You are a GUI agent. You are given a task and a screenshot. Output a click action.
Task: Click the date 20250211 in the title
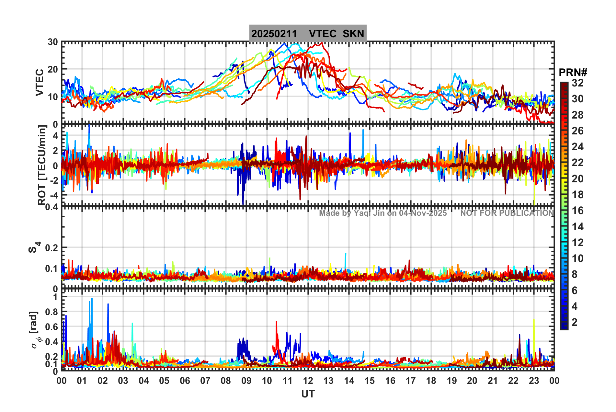coord(274,34)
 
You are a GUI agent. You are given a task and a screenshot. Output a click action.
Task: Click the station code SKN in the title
coord(353,34)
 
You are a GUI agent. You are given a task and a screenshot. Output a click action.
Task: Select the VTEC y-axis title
coord(40,83)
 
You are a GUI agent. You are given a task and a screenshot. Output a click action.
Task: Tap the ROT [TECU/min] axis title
coord(42,165)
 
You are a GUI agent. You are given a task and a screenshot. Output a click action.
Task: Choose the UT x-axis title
coord(308,394)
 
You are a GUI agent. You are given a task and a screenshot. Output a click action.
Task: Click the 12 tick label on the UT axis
coord(308,381)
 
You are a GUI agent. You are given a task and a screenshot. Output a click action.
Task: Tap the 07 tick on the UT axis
coord(205,381)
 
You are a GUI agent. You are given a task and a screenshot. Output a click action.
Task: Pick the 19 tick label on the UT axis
coord(451,381)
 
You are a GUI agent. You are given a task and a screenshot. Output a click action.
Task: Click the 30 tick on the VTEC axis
coord(53,42)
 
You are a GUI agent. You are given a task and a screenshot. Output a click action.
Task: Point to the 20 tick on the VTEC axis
coord(53,69)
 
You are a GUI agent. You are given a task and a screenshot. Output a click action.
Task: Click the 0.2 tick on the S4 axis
coord(51,248)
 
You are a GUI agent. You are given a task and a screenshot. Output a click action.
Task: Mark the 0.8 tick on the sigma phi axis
coord(51,312)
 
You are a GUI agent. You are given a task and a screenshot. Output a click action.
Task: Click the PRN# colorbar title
coord(573,73)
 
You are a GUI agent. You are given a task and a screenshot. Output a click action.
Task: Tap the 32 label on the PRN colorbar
coord(577,83)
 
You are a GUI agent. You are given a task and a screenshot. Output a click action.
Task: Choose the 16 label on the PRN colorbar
coord(577,211)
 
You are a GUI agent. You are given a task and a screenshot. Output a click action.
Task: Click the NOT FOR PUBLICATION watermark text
coord(507,213)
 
